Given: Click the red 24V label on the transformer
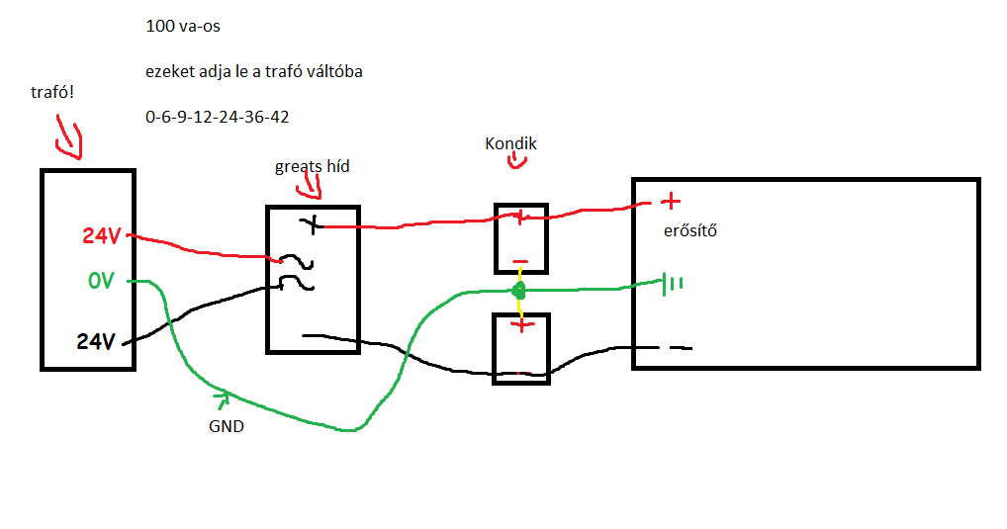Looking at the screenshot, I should tap(102, 236).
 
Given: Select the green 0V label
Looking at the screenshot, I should tap(101, 282).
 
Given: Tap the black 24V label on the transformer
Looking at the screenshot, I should tap(97, 342).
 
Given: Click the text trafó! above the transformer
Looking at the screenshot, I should tap(53, 93).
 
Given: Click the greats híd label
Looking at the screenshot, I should tap(312, 166).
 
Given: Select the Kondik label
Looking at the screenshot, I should tap(510, 143).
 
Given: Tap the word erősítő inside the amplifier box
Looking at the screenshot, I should tap(688, 231).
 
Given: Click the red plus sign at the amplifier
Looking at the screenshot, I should tap(671, 203).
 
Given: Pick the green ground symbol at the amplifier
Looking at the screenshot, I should tap(672, 285).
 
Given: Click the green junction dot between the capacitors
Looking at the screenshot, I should tap(517, 291).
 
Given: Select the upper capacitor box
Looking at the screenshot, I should tap(520, 238).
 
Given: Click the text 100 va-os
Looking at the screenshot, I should tap(182, 27).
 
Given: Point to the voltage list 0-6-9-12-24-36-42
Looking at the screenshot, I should tap(217, 117).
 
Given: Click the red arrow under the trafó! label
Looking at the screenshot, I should tap(69, 139).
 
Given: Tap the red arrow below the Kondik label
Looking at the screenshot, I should tap(515, 162).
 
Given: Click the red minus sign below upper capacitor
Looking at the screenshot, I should tap(520, 265).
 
